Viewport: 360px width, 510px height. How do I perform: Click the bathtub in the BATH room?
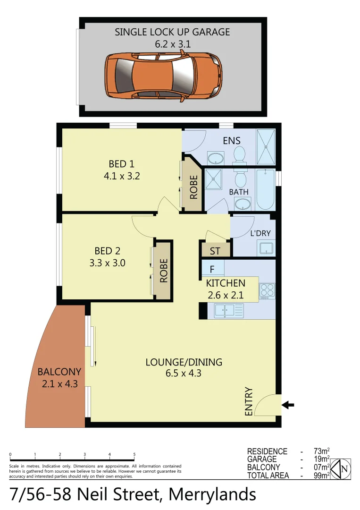click(x=265, y=189)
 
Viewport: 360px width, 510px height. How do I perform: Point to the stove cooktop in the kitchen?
click(x=267, y=290)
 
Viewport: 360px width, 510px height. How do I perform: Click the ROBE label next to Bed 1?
click(x=193, y=187)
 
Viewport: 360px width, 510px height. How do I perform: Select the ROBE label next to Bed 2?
click(x=164, y=270)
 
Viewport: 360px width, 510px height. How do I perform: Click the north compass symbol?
click(x=341, y=469)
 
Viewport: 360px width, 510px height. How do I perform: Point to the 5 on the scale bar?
click(x=134, y=455)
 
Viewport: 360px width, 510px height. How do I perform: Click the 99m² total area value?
click(x=321, y=476)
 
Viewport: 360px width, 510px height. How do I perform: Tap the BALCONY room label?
click(x=59, y=372)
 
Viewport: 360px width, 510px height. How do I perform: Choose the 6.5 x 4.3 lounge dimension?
click(x=184, y=374)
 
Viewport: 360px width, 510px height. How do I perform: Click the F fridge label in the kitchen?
click(x=212, y=270)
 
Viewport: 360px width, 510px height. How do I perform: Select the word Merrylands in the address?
click(x=212, y=494)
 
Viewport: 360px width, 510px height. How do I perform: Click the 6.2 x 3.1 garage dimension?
click(x=173, y=43)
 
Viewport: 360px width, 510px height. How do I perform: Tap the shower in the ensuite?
click(x=266, y=146)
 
